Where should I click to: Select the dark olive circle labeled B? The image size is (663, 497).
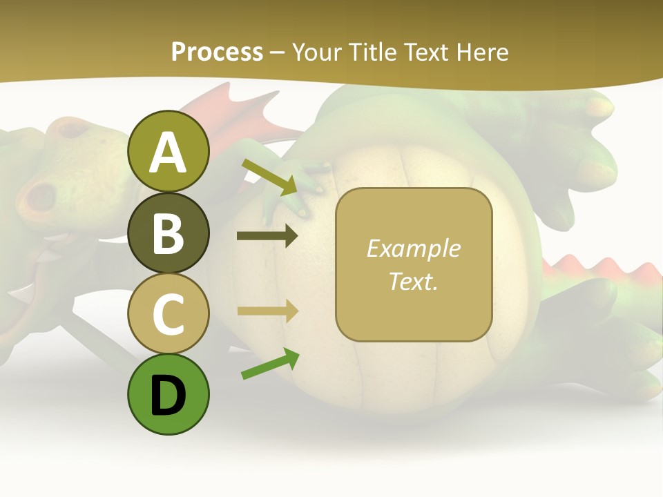pos(169,233)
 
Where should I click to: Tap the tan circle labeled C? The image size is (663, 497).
pos(169,313)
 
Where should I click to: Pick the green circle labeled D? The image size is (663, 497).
pos(169,394)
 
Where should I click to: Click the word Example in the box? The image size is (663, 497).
pos(414,248)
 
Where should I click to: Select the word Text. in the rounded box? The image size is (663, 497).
pos(414,281)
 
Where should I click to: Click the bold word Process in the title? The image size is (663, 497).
pos(217,52)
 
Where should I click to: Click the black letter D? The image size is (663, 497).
pos(169,396)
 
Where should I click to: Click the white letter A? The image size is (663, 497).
pos(169,153)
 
